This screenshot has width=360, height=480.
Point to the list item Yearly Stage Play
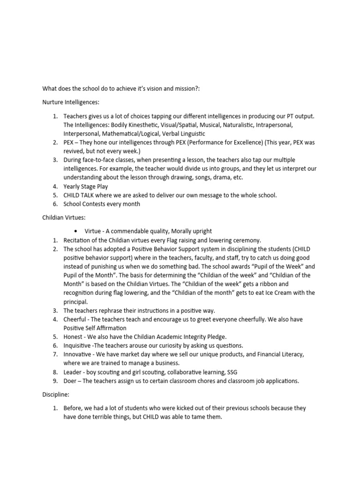pos(86,187)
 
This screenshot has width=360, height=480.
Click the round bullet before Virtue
pos(76,231)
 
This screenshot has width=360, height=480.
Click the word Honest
pos(73,337)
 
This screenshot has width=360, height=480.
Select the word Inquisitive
pos(77,345)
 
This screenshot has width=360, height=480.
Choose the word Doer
pos(71,381)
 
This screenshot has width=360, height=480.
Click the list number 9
pos(55,381)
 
